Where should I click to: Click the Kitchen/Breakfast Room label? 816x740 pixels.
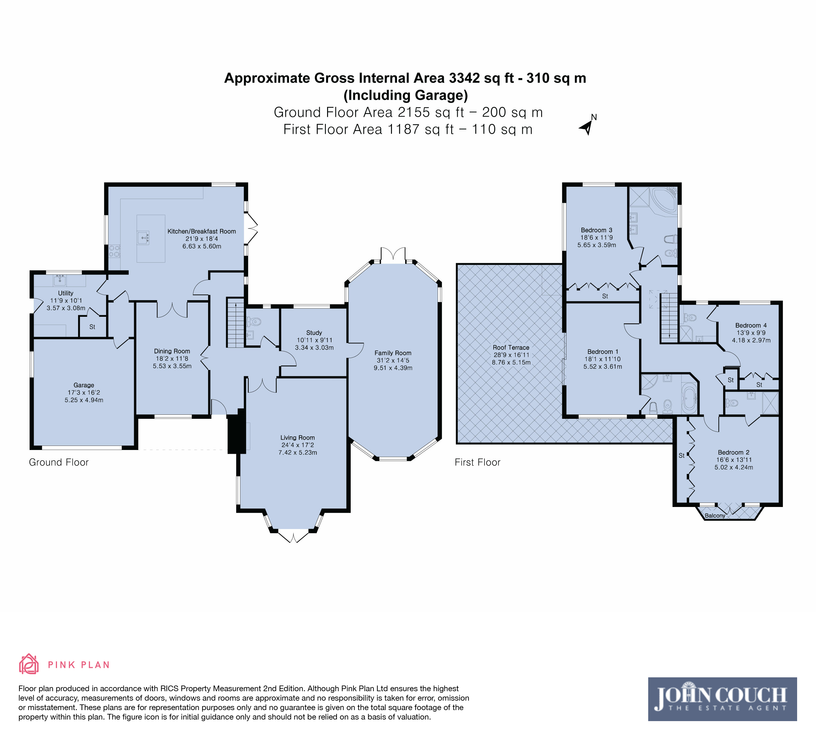[x=201, y=231]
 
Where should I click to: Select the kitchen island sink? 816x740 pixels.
[x=143, y=238]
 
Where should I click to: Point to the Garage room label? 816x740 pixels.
[x=84, y=385]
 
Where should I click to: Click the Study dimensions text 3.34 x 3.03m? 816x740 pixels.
[x=314, y=348]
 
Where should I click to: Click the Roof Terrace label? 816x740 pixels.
[x=511, y=347]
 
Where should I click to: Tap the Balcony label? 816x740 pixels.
[x=715, y=515]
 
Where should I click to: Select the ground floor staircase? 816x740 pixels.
[x=235, y=323]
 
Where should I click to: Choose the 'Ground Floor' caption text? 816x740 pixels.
[x=59, y=462]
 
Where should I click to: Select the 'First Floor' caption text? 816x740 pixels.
[x=477, y=462]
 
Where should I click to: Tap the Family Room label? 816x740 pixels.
[x=393, y=353]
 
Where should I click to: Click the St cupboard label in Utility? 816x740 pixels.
[x=92, y=327]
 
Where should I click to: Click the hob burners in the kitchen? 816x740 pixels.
[x=114, y=251]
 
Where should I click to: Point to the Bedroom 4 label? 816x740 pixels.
[x=751, y=325]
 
